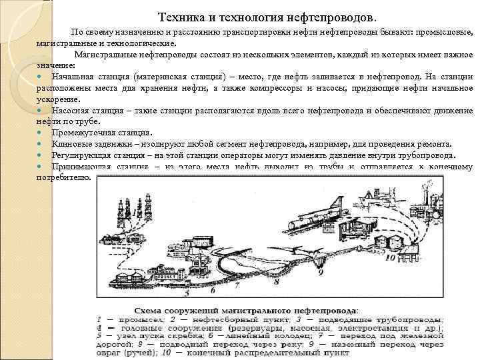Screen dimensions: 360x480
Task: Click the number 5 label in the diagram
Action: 187,292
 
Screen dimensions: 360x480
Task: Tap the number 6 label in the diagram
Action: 212,290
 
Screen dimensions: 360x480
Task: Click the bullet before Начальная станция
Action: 41,78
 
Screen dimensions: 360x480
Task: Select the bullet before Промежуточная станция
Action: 41,132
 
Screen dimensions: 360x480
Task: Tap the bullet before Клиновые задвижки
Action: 41,144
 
